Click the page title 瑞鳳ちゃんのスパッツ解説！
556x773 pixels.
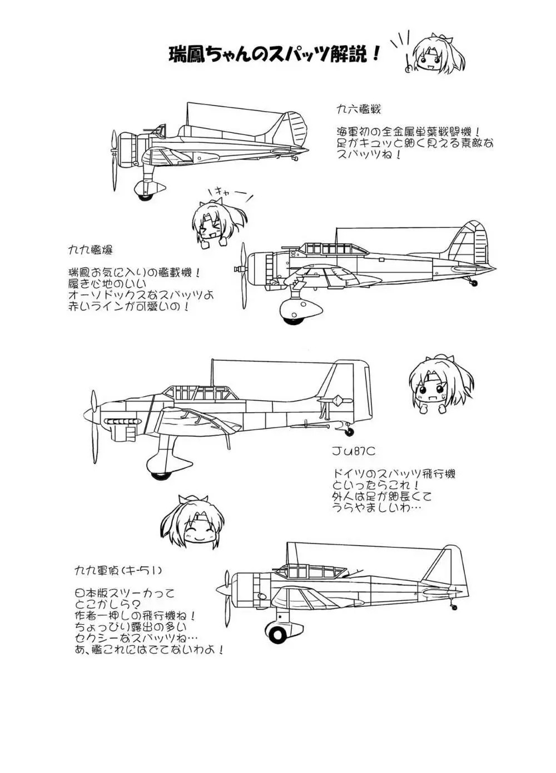coord(275,54)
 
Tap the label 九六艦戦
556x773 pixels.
coord(359,109)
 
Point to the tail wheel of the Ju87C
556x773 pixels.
coord(349,431)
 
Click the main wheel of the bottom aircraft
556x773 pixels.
coord(276,632)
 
